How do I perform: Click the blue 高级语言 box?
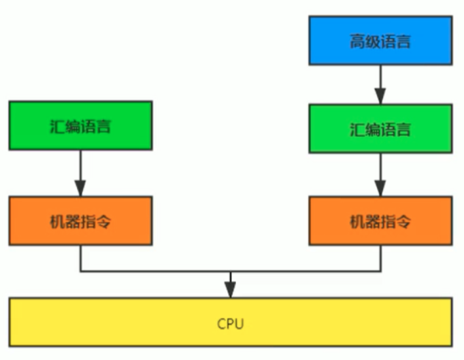click(x=380, y=42)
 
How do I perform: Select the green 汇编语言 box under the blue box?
click(x=380, y=128)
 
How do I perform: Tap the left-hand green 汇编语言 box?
click(x=80, y=126)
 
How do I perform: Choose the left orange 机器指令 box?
click(x=80, y=221)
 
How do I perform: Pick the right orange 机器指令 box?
click(x=380, y=221)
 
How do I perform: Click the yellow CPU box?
click(x=231, y=323)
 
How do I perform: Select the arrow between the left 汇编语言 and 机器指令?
click(x=80, y=173)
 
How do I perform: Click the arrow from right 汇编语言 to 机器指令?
click(x=380, y=174)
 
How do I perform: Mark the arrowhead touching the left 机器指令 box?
click(x=80, y=190)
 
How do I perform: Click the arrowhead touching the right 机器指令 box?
click(x=380, y=190)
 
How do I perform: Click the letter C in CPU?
click(x=221, y=324)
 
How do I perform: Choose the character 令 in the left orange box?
click(x=103, y=222)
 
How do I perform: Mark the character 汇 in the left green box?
click(x=57, y=127)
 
